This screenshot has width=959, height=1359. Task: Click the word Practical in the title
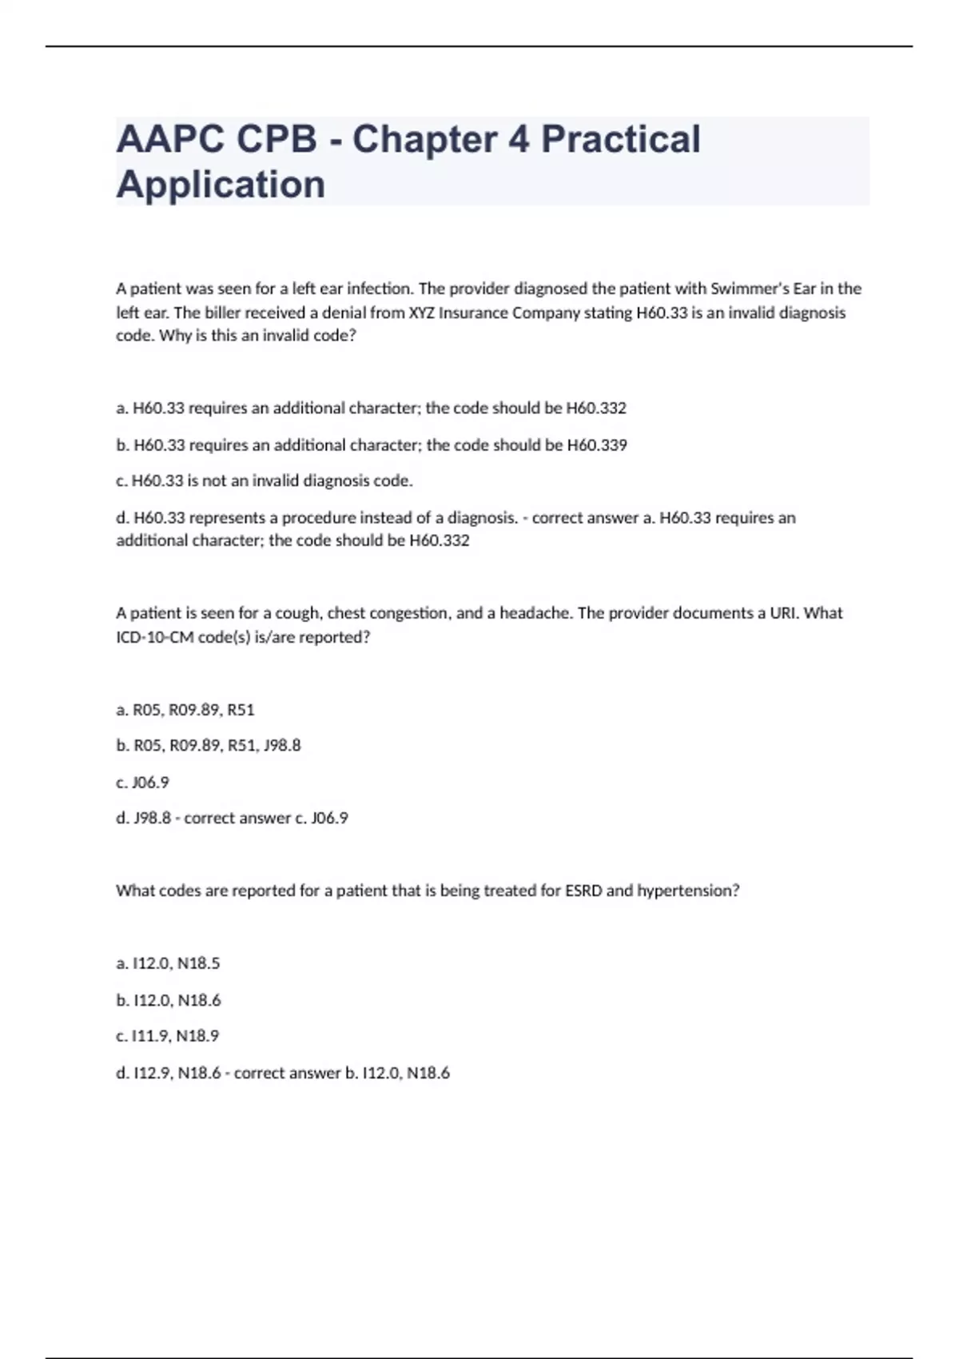point(620,139)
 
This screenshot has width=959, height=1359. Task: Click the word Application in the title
point(221,185)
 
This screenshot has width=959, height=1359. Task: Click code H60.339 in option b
point(596,445)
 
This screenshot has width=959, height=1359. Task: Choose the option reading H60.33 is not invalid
point(264,481)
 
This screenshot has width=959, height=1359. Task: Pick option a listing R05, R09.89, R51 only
point(185,710)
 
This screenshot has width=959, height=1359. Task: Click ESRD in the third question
point(583,891)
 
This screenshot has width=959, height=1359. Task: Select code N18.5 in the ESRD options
point(198,963)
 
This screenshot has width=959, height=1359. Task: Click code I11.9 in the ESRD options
point(149,1036)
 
